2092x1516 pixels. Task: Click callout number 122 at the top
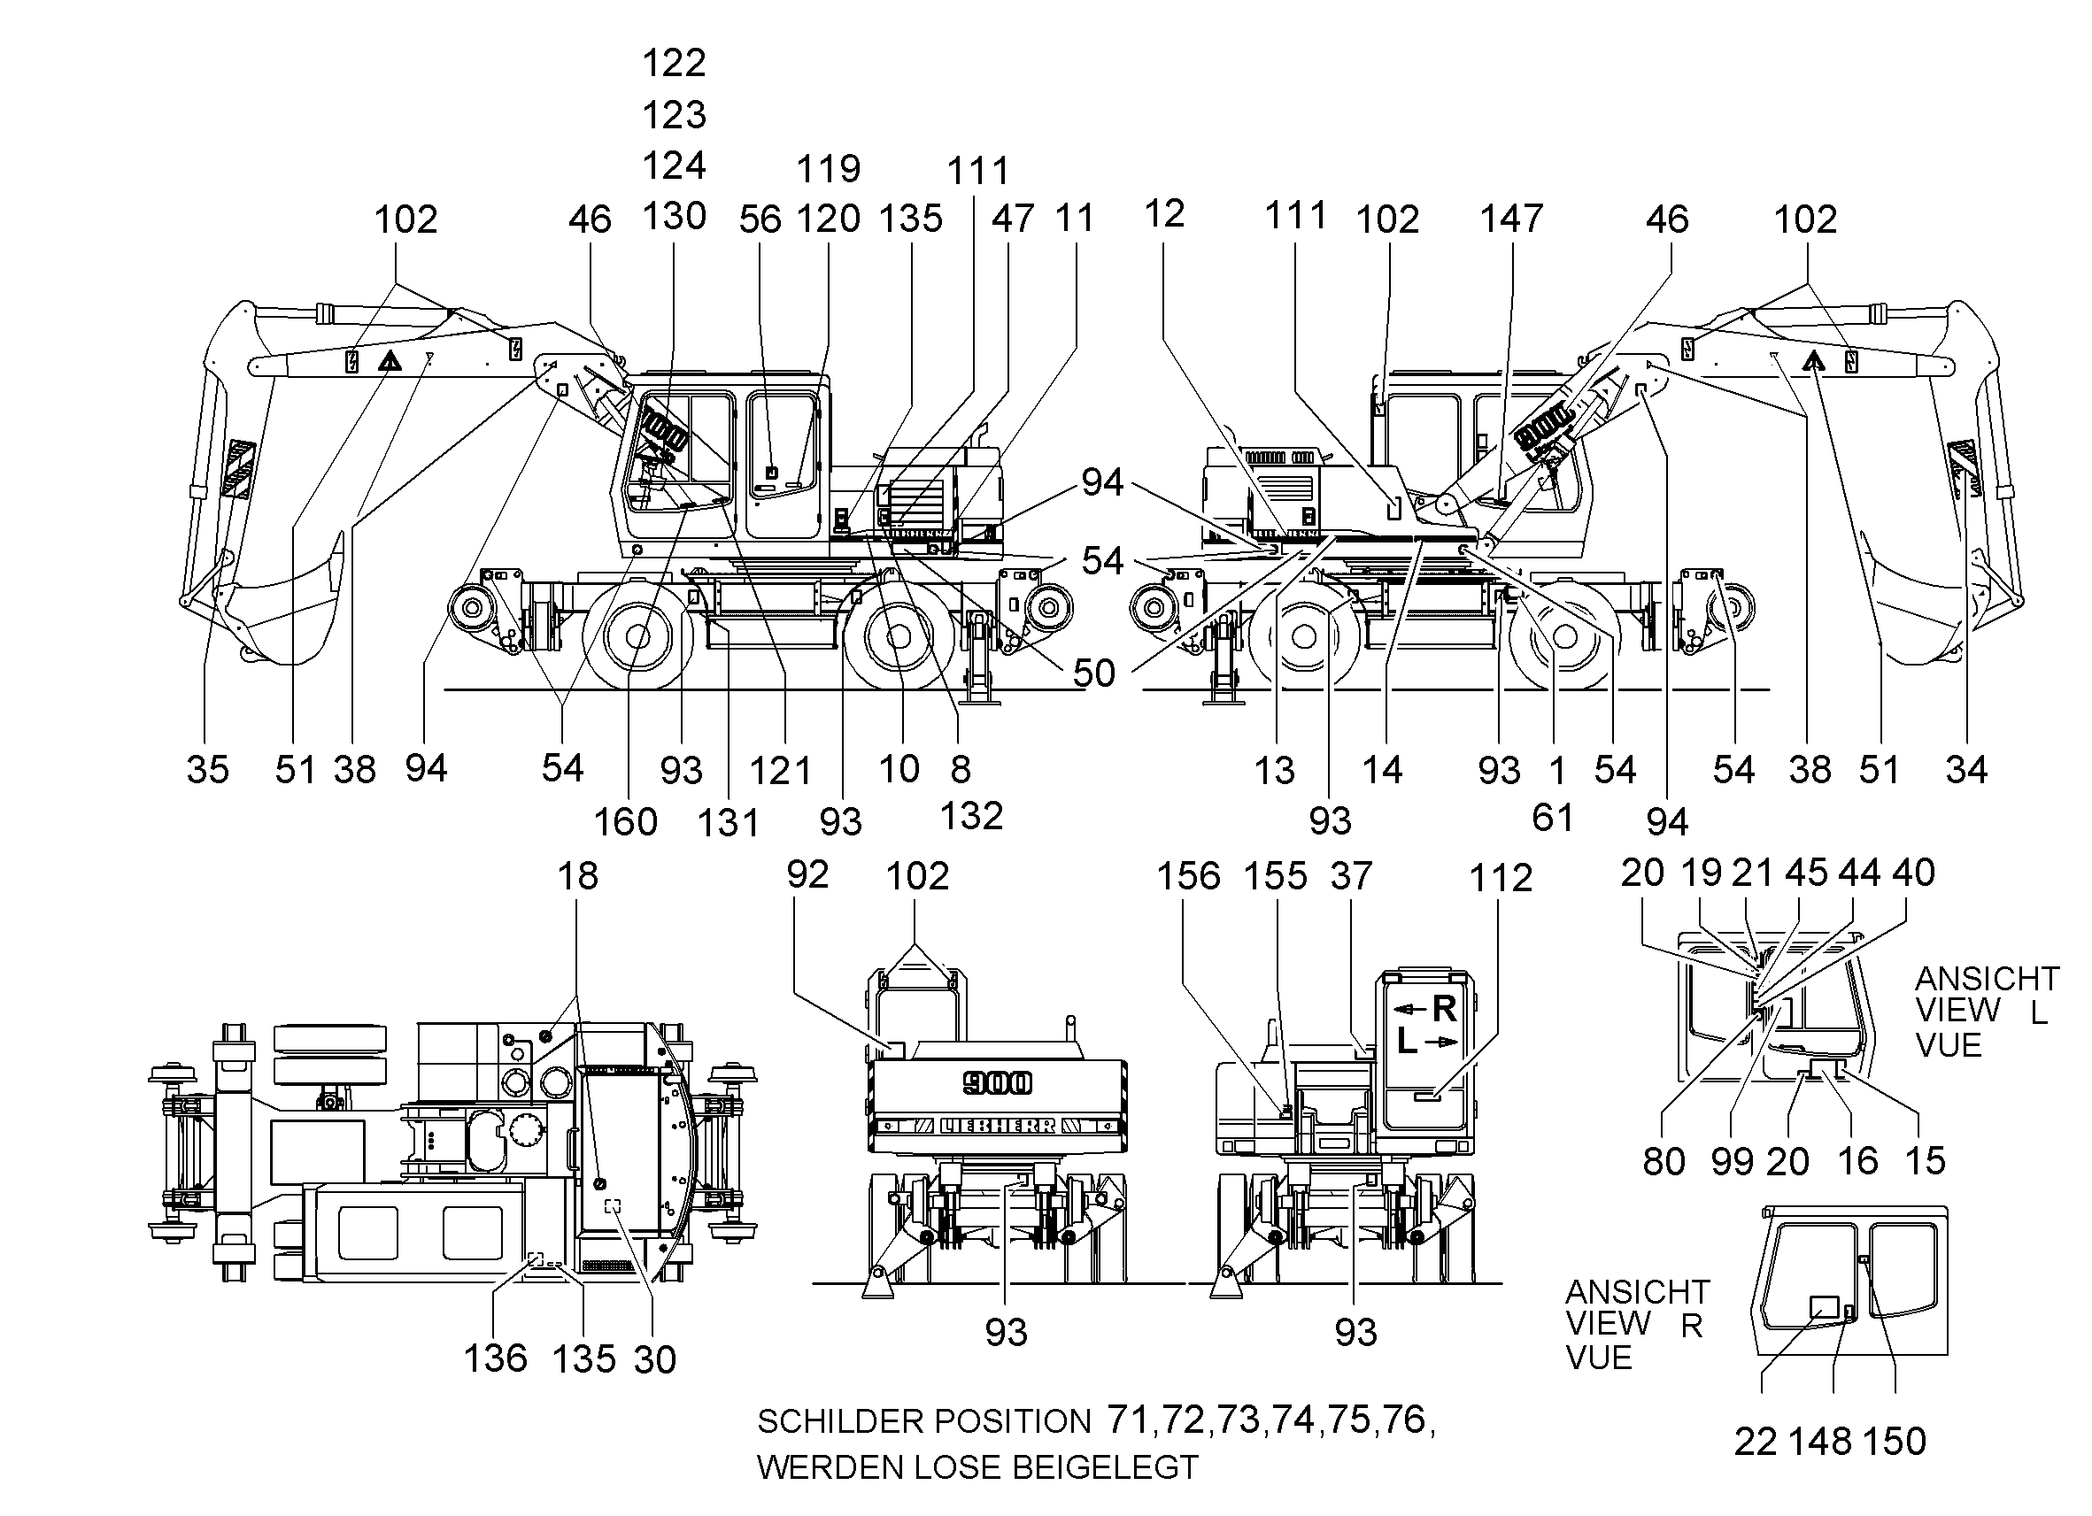(675, 64)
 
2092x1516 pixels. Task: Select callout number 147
(1512, 219)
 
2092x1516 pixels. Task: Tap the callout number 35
(207, 769)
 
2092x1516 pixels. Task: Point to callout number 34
(1965, 769)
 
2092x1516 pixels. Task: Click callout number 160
(625, 821)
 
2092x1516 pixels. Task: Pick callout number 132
(971, 816)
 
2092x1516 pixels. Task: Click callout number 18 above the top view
(577, 876)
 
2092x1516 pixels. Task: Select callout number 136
(495, 1358)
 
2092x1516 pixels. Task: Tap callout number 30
(655, 1360)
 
